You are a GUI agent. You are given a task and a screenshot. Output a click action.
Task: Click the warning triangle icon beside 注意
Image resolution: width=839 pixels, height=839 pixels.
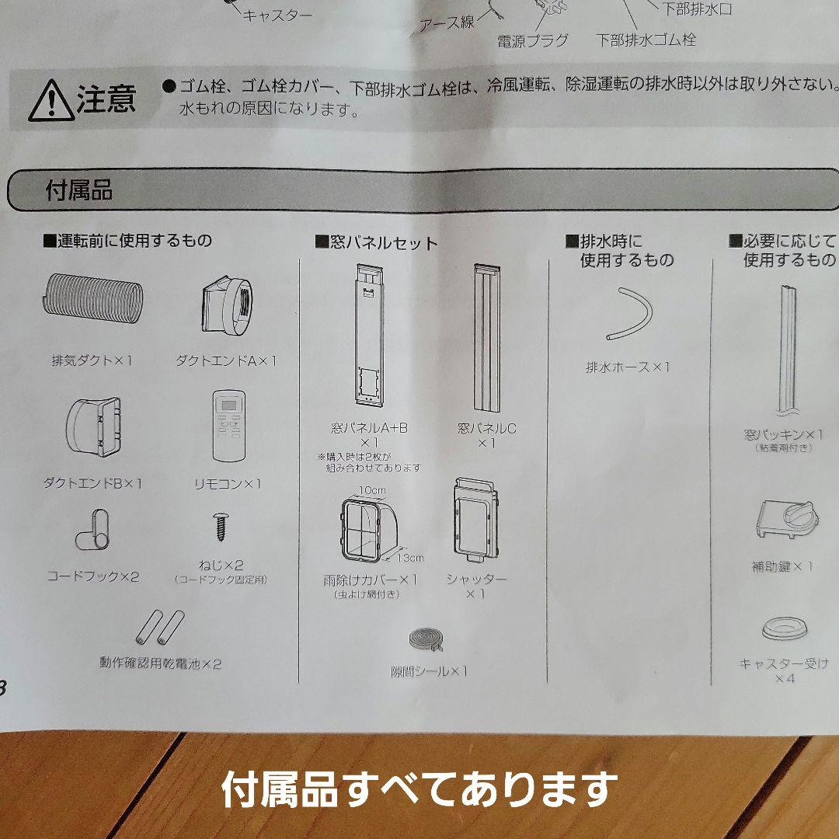(x=50, y=102)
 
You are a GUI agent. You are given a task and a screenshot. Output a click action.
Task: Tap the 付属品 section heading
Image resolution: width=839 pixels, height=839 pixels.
(x=79, y=191)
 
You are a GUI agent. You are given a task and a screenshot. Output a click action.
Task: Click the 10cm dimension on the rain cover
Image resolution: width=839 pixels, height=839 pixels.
(x=372, y=491)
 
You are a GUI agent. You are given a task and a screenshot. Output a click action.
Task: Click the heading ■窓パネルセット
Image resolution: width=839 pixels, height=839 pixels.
(x=377, y=243)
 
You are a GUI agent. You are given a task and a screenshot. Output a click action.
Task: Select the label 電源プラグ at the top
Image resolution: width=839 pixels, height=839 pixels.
(x=533, y=40)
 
